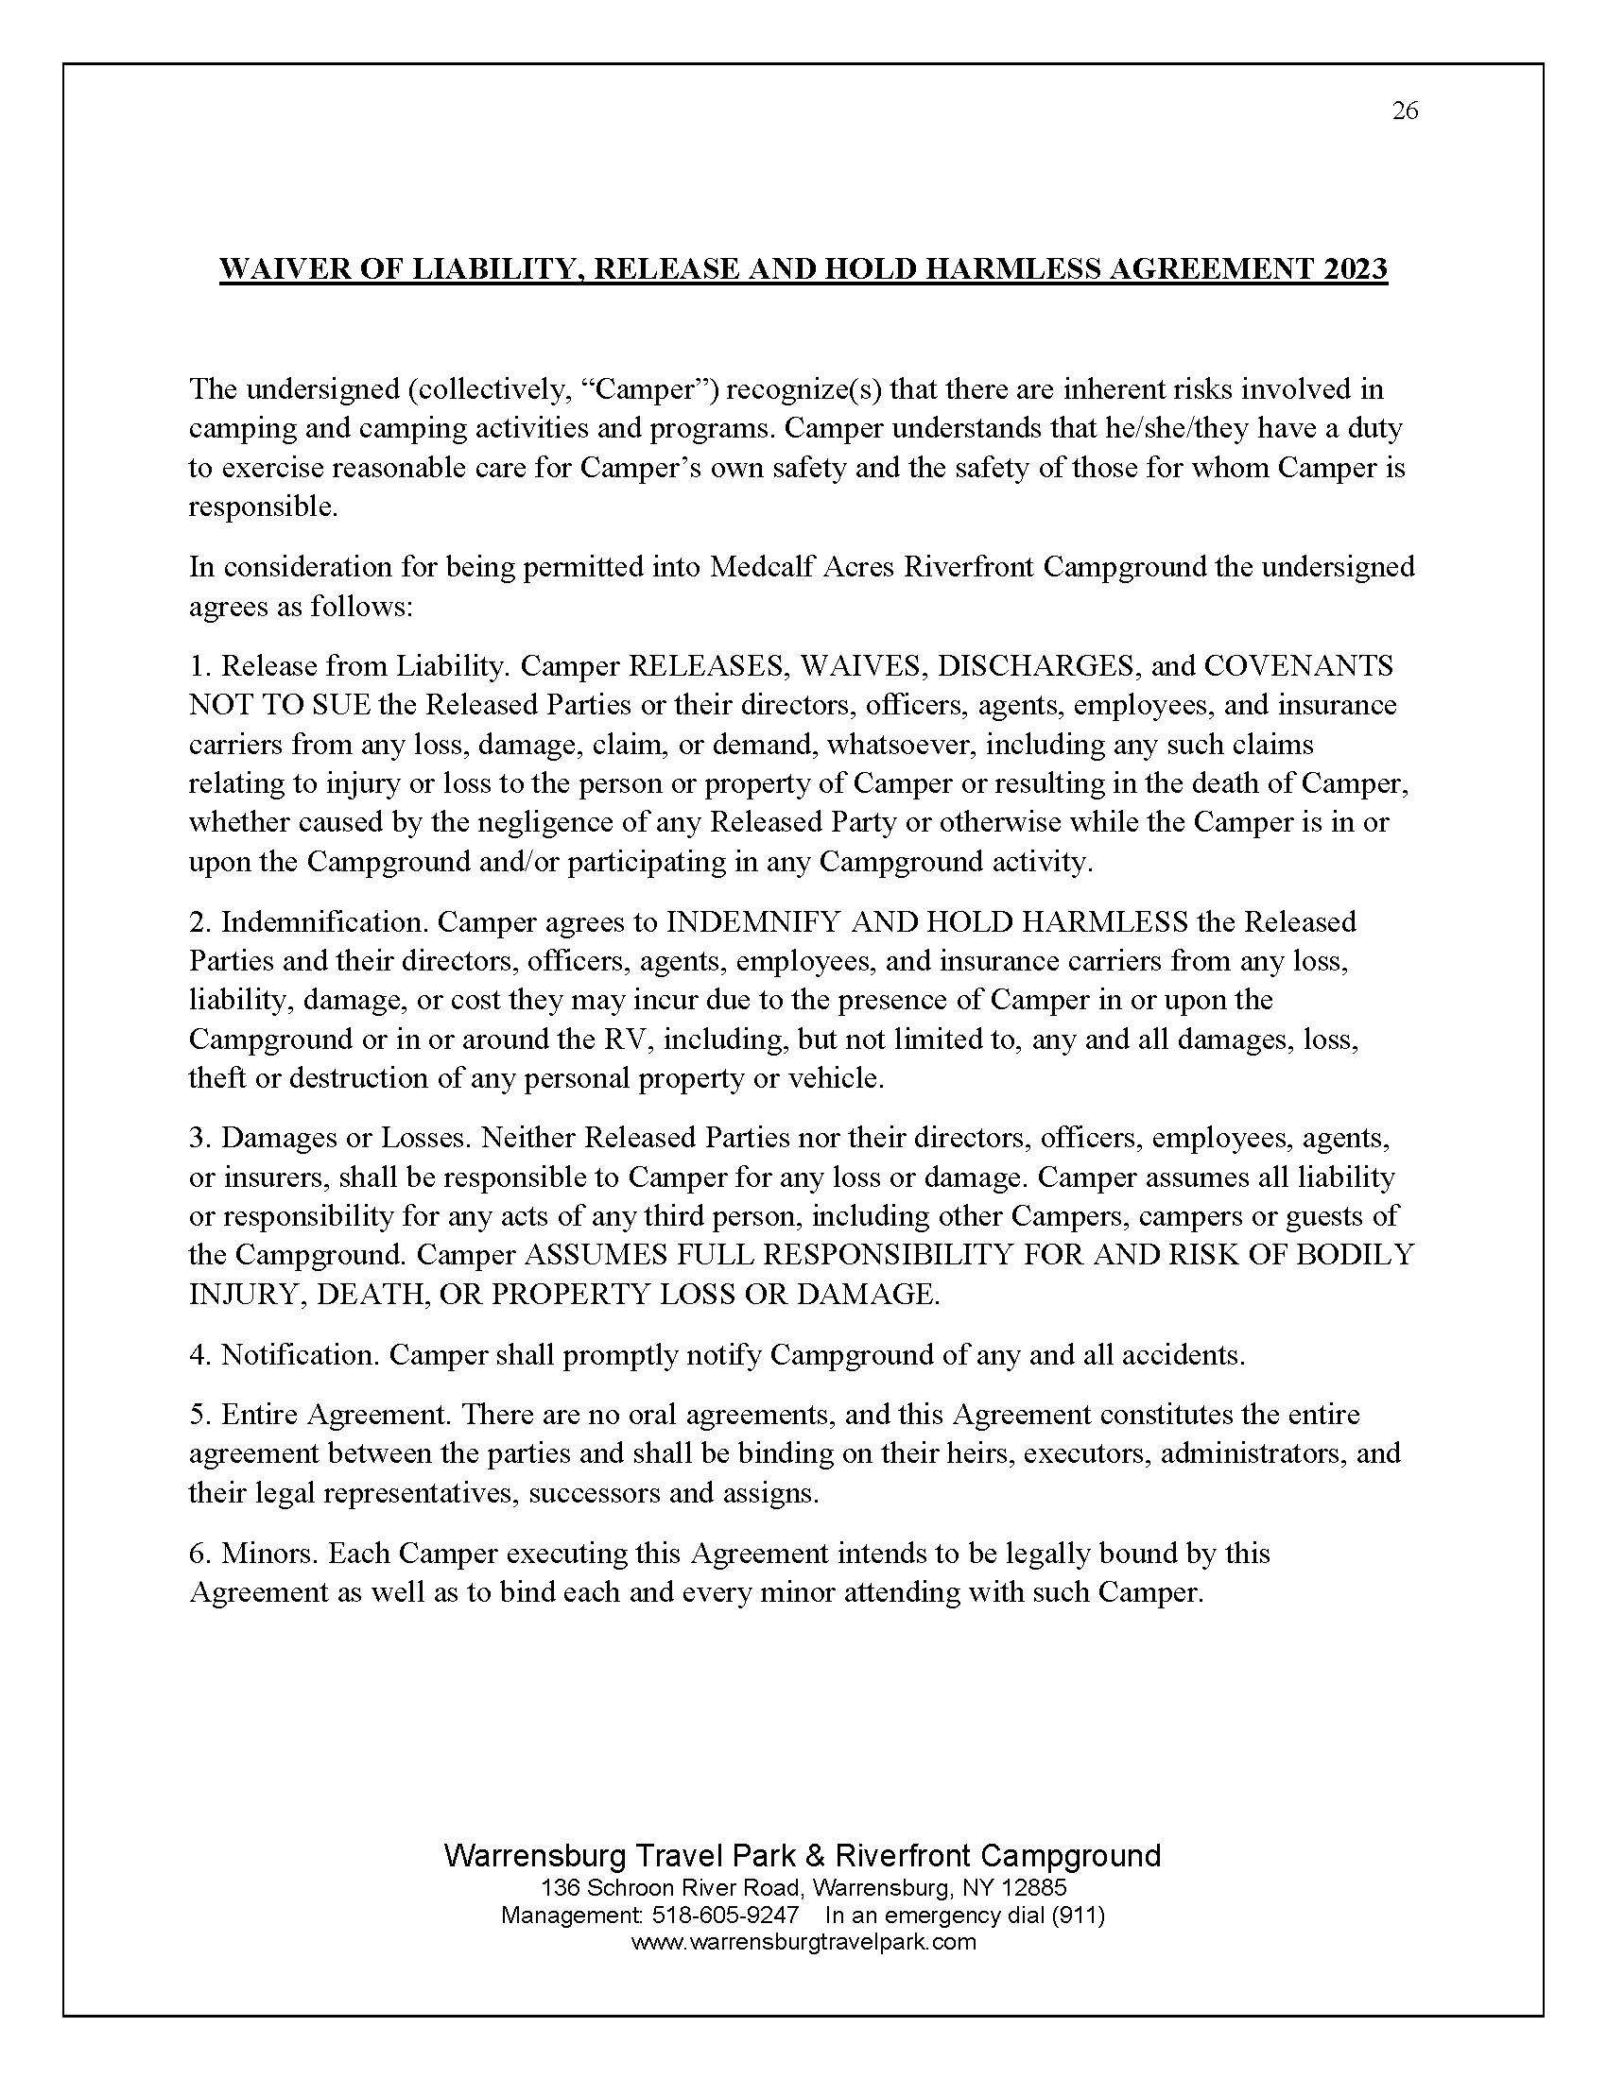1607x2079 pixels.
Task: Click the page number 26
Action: click(x=1404, y=112)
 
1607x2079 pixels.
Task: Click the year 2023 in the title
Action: click(x=1355, y=269)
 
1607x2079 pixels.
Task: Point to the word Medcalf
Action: click(x=753, y=566)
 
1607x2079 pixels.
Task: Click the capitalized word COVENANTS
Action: click(x=1299, y=665)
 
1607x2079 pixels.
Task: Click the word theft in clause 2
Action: click(x=214, y=1077)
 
